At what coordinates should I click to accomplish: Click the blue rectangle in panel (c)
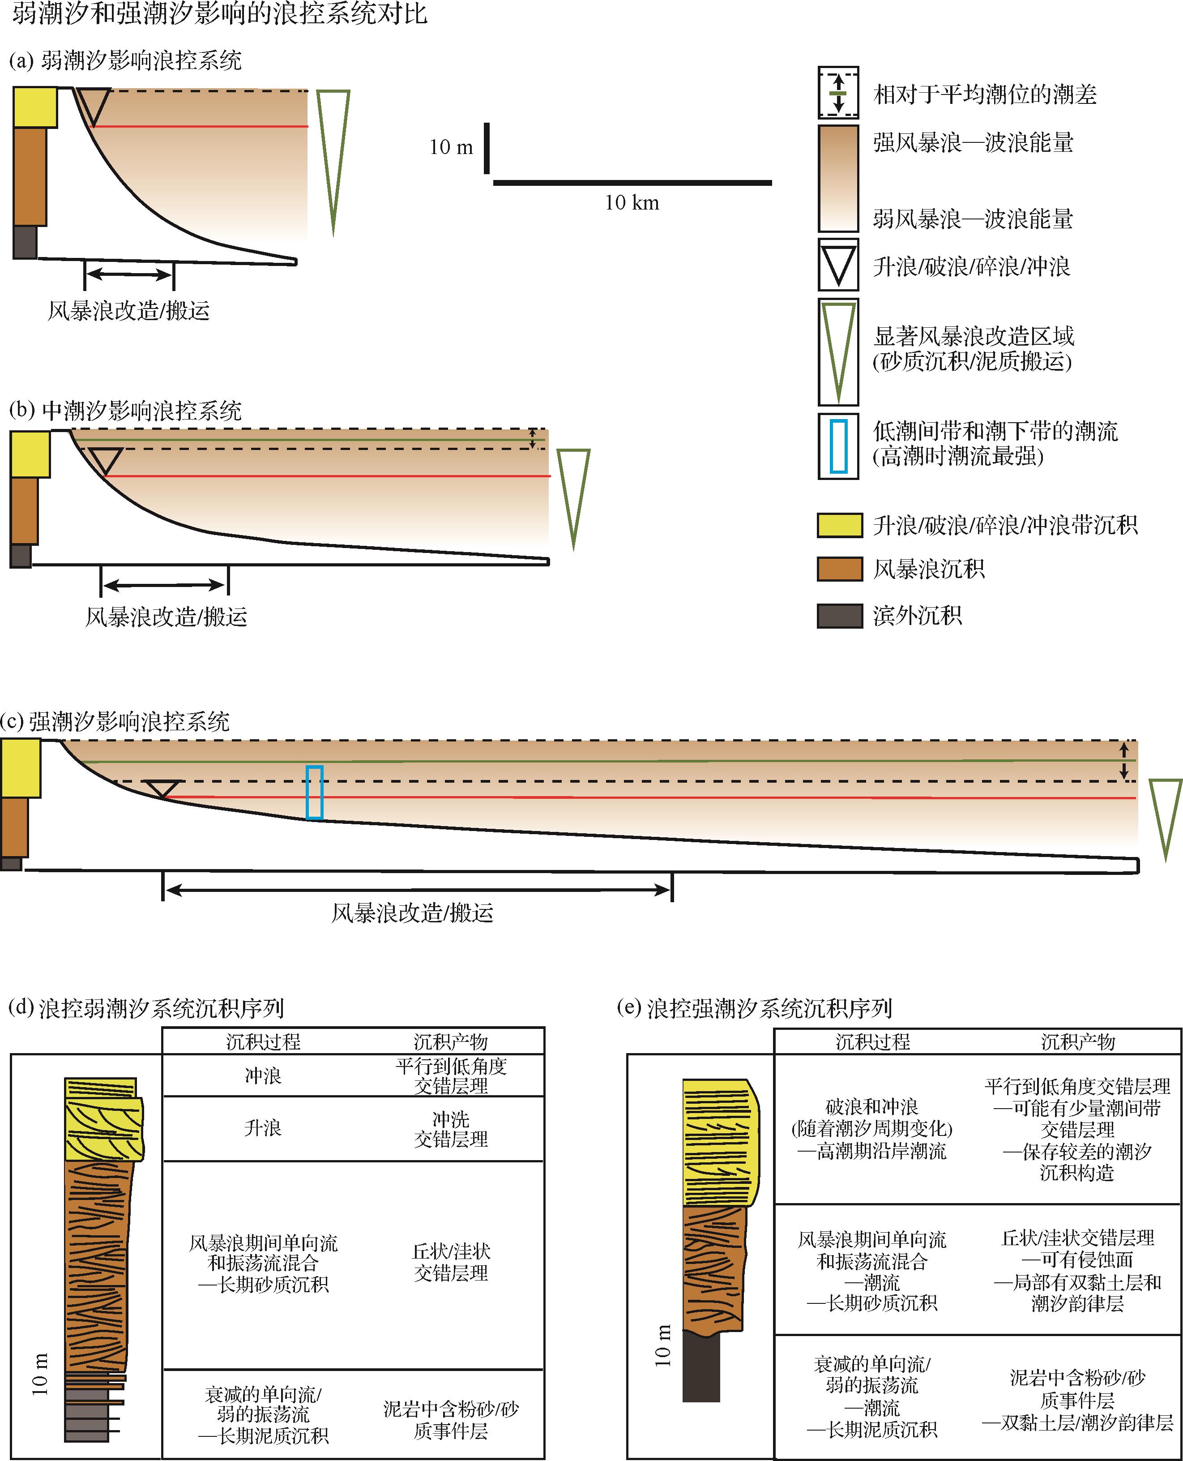click(x=314, y=792)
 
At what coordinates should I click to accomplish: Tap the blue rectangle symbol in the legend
click(x=838, y=446)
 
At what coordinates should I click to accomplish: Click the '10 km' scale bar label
click(x=632, y=202)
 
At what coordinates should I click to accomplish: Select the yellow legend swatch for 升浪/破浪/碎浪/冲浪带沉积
click(x=840, y=525)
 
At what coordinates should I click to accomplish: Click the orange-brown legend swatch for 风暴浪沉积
click(x=840, y=569)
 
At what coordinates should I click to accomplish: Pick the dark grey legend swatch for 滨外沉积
click(x=840, y=616)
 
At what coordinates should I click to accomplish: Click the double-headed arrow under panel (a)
click(x=129, y=275)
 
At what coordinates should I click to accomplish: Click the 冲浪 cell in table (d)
click(x=263, y=1076)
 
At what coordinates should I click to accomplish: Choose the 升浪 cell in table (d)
click(x=263, y=1127)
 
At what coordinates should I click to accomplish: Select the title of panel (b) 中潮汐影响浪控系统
click(x=126, y=411)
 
